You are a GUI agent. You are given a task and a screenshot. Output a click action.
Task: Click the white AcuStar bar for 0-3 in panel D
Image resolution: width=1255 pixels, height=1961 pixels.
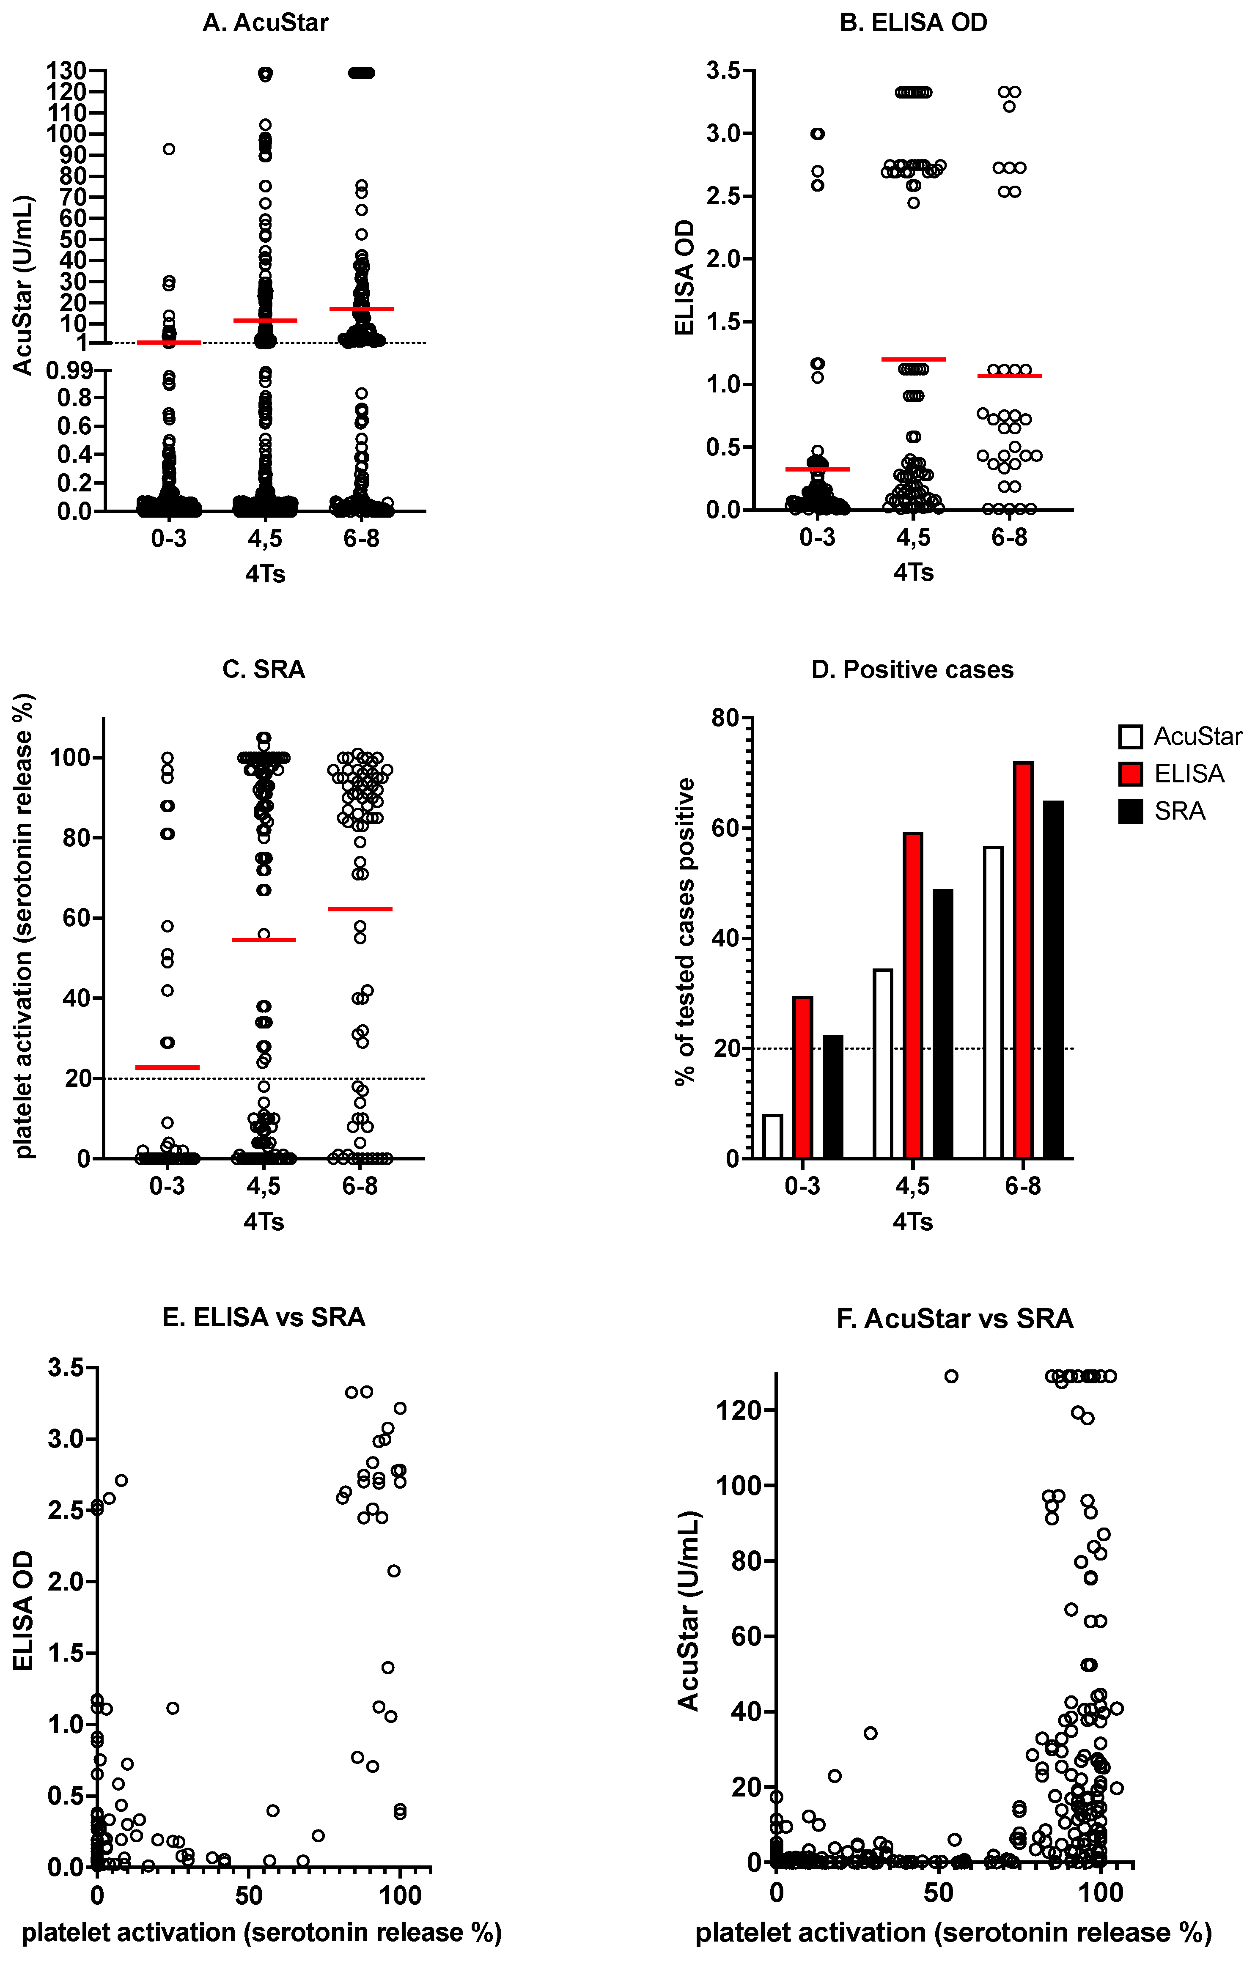pyautogui.click(x=772, y=1135)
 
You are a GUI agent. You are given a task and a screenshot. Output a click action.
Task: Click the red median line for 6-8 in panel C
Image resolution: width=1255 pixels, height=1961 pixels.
pyautogui.click(x=360, y=908)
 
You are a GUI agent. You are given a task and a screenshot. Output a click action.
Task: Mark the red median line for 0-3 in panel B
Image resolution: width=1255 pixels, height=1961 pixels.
pyautogui.click(x=817, y=469)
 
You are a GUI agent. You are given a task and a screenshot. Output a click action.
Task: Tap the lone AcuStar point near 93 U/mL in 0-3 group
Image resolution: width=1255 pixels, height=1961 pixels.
pyautogui.click(x=169, y=149)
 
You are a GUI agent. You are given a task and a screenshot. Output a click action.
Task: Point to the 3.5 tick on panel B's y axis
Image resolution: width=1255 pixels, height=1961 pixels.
pyautogui.click(x=724, y=71)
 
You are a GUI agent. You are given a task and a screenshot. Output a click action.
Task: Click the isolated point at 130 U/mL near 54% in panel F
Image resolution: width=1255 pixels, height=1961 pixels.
pyautogui.click(x=951, y=1376)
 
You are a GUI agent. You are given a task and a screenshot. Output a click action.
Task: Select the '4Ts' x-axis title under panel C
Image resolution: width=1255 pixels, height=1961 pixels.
pyautogui.click(x=263, y=1222)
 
